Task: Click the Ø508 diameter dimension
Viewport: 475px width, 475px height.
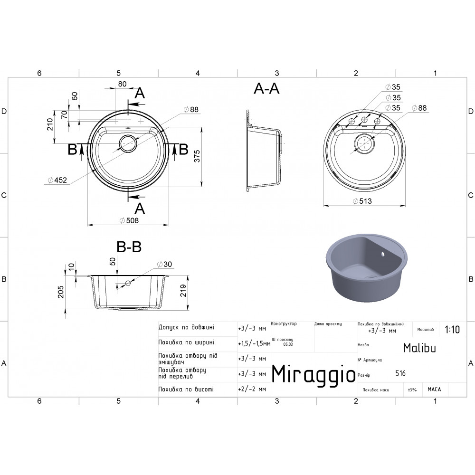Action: point(129,220)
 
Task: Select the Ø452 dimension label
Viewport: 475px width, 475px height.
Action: point(57,180)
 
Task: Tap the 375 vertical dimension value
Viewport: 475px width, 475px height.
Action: point(197,156)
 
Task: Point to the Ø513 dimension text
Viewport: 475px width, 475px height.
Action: point(362,201)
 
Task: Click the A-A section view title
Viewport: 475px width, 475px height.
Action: point(266,88)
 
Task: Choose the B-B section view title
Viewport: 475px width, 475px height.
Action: point(129,247)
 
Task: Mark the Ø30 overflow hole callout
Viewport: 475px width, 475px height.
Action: point(164,264)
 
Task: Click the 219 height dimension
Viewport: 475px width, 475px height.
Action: point(183,291)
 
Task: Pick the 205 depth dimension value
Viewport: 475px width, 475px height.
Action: point(61,292)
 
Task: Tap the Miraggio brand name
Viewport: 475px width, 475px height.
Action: point(313,375)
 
